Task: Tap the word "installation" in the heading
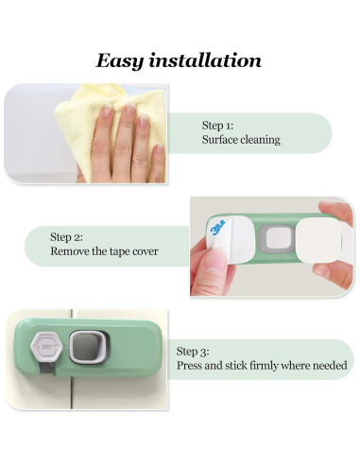click(x=209, y=60)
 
